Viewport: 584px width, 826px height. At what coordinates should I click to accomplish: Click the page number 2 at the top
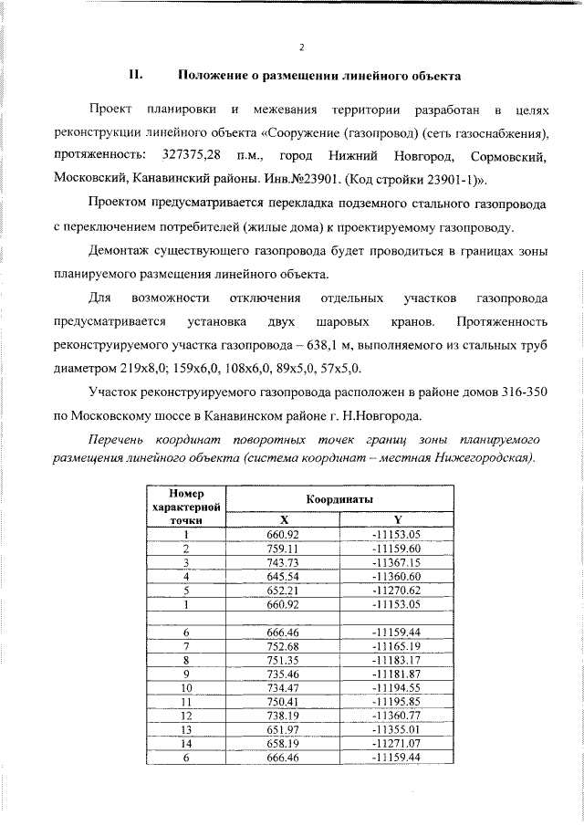tap(301, 48)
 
